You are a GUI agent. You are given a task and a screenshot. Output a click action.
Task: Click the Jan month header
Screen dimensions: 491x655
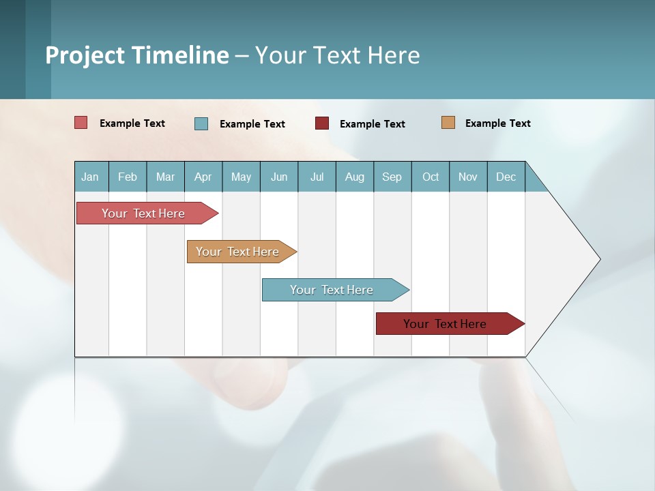[x=91, y=177]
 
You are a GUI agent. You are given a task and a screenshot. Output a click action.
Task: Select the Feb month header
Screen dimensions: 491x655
[x=128, y=177]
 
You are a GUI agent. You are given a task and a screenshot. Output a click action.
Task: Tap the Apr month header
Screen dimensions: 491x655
[x=203, y=177]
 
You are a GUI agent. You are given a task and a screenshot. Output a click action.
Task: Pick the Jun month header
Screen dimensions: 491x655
[x=279, y=177]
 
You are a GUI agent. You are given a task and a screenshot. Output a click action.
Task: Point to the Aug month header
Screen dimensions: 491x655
[x=355, y=177]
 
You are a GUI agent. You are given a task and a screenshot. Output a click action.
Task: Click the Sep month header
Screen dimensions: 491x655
[x=392, y=177]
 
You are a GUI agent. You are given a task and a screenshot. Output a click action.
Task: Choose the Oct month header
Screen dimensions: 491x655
[x=431, y=177]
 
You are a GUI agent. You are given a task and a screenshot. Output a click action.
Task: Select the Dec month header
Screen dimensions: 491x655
[x=506, y=177]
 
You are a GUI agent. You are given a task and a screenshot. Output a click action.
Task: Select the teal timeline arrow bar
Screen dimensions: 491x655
[x=332, y=290]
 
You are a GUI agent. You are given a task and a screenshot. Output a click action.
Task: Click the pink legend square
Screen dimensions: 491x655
[x=81, y=123]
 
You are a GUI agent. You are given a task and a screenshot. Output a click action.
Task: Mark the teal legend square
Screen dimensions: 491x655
[x=201, y=123]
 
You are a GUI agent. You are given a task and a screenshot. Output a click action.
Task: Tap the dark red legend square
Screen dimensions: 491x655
[x=322, y=123]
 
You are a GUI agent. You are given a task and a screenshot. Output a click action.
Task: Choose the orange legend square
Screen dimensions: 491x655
[x=448, y=123]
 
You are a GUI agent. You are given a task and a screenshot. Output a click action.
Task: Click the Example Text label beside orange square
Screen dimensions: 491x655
[x=497, y=123]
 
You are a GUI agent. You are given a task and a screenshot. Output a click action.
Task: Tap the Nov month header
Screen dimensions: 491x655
[x=468, y=177]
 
